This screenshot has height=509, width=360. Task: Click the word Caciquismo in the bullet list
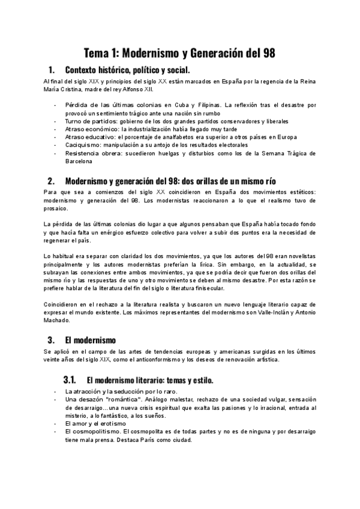click(x=85, y=145)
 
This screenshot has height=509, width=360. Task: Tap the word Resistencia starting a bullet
click(x=86, y=153)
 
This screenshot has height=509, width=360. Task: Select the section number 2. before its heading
click(x=52, y=181)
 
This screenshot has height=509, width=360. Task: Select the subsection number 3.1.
click(x=70, y=380)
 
